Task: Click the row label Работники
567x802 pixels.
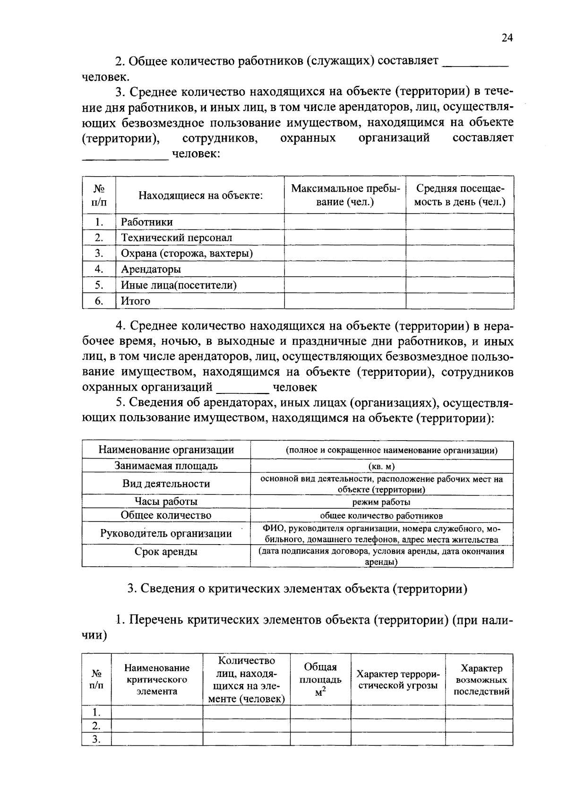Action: point(147,222)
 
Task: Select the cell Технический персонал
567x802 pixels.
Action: point(176,238)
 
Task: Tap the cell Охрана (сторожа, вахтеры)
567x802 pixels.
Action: point(187,254)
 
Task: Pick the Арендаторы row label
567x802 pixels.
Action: point(151,269)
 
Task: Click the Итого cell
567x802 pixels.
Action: point(136,301)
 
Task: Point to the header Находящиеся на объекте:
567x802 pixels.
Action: point(200,195)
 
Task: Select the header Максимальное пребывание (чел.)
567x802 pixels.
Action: point(345,195)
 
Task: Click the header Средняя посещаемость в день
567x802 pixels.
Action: point(460,195)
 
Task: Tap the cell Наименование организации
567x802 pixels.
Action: point(166,450)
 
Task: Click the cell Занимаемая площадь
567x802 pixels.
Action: point(166,466)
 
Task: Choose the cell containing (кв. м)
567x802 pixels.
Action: point(382,466)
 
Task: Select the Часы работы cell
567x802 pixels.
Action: point(166,502)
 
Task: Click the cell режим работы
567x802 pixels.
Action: point(382,502)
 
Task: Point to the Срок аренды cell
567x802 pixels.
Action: point(166,552)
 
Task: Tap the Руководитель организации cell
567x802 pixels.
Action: point(166,533)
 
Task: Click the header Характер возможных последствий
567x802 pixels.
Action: point(479,680)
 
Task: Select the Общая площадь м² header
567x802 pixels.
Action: point(320,680)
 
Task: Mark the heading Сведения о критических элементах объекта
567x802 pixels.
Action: point(298,589)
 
